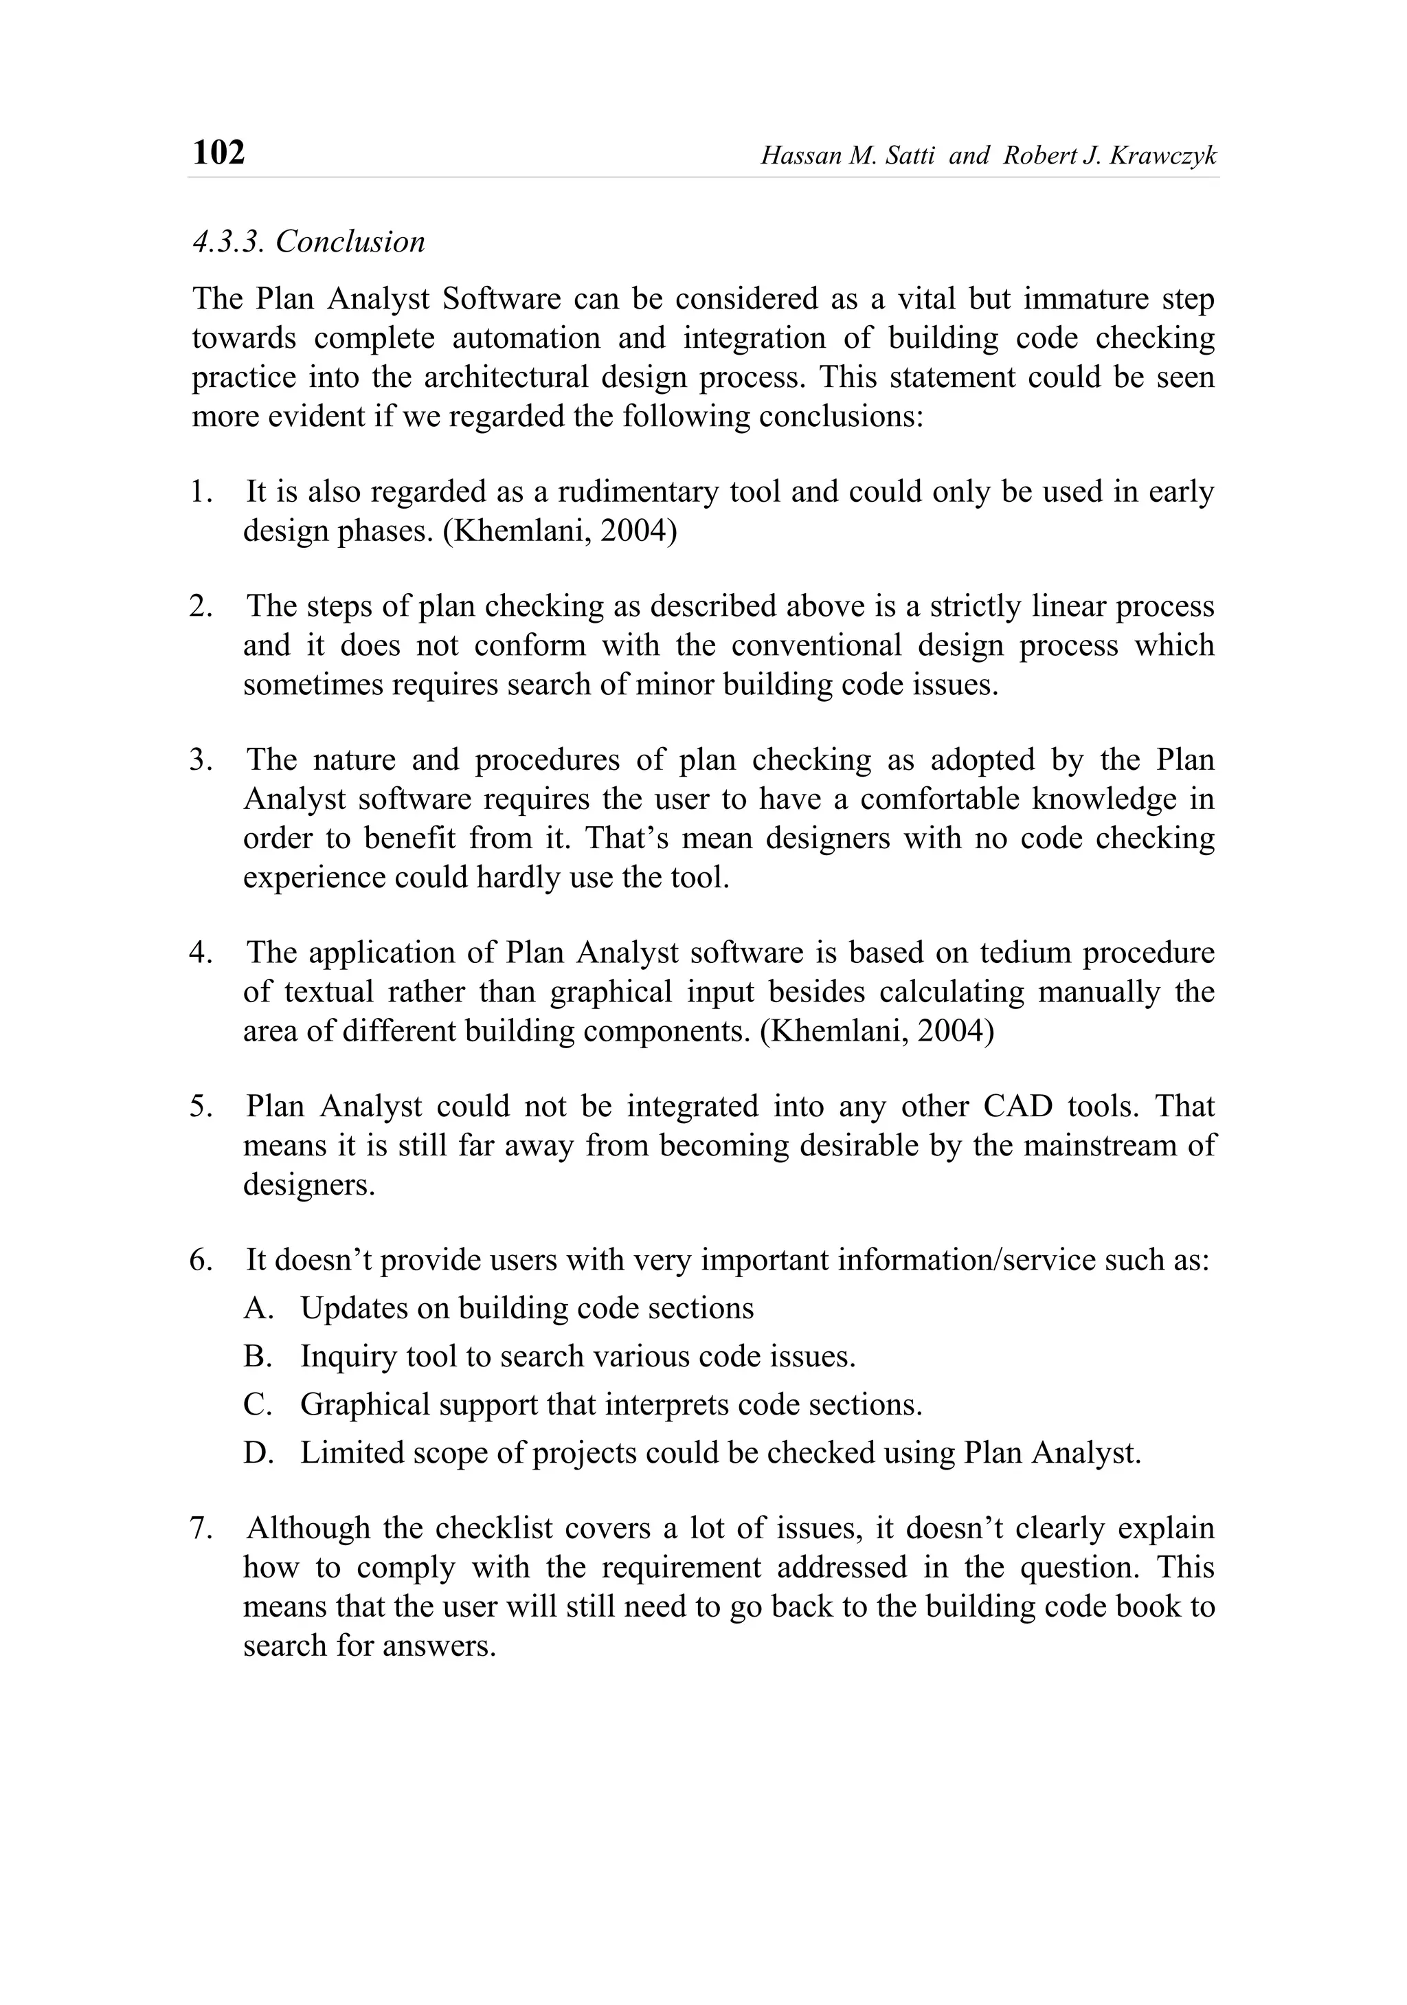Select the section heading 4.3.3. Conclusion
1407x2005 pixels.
(x=308, y=242)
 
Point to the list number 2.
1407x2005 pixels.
(x=201, y=606)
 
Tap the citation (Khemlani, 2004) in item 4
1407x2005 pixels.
(x=877, y=1031)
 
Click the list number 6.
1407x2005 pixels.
(x=201, y=1260)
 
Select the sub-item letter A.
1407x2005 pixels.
(x=258, y=1308)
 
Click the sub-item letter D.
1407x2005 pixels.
(x=258, y=1453)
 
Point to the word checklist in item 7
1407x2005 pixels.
(x=494, y=1528)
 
